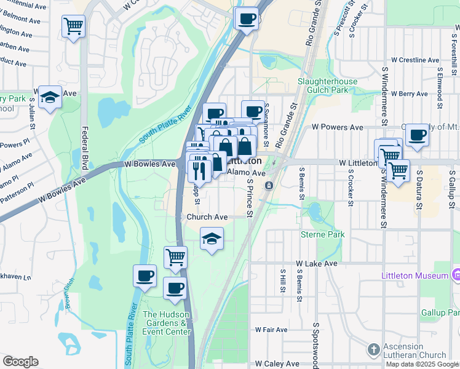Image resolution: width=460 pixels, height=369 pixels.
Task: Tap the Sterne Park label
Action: click(322, 234)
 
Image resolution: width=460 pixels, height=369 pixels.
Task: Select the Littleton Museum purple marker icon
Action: click(456, 275)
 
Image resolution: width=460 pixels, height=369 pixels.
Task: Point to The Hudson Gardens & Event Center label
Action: click(166, 323)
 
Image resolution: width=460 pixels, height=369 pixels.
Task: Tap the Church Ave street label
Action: click(207, 217)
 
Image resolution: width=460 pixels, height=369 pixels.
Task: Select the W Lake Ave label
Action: click(317, 263)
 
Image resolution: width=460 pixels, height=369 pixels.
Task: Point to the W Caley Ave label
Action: click(277, 364)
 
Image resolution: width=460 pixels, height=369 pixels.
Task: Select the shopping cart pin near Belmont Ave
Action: click(73, 26)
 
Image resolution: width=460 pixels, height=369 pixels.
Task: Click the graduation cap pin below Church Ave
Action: click(212, 239)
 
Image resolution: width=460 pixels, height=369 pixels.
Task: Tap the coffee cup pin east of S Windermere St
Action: click(417, 134)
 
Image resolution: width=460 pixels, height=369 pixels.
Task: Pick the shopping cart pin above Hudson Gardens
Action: click(175, 256)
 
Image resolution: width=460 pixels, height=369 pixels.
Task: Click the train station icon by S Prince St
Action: click(269, 185)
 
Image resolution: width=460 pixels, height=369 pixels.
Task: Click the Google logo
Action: click(20, 362)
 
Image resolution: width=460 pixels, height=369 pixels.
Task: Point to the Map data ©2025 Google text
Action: click(422, 364)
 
